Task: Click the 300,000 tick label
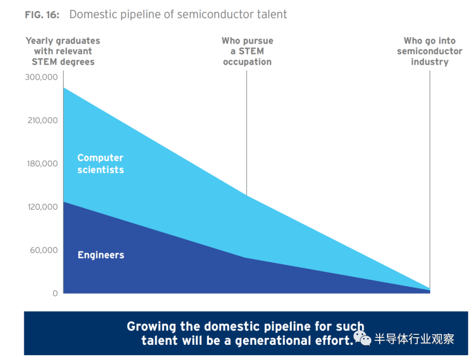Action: (41, 77)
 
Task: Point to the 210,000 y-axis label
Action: (43, 120)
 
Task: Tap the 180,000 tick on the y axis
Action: (42, 163)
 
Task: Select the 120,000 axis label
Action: (43, 207)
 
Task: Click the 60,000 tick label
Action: (44, 250)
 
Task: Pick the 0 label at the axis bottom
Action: (55, 293)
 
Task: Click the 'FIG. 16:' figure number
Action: (42, 15)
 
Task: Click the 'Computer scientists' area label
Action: (101, 164)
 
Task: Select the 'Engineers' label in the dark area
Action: (101, 255)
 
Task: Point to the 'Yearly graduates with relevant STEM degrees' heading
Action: (63, 51)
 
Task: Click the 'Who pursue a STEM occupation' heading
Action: (247, 51)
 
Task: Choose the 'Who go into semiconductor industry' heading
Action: (430, 51)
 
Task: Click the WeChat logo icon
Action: (362, 338)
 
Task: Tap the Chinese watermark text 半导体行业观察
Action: (414, 339)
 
